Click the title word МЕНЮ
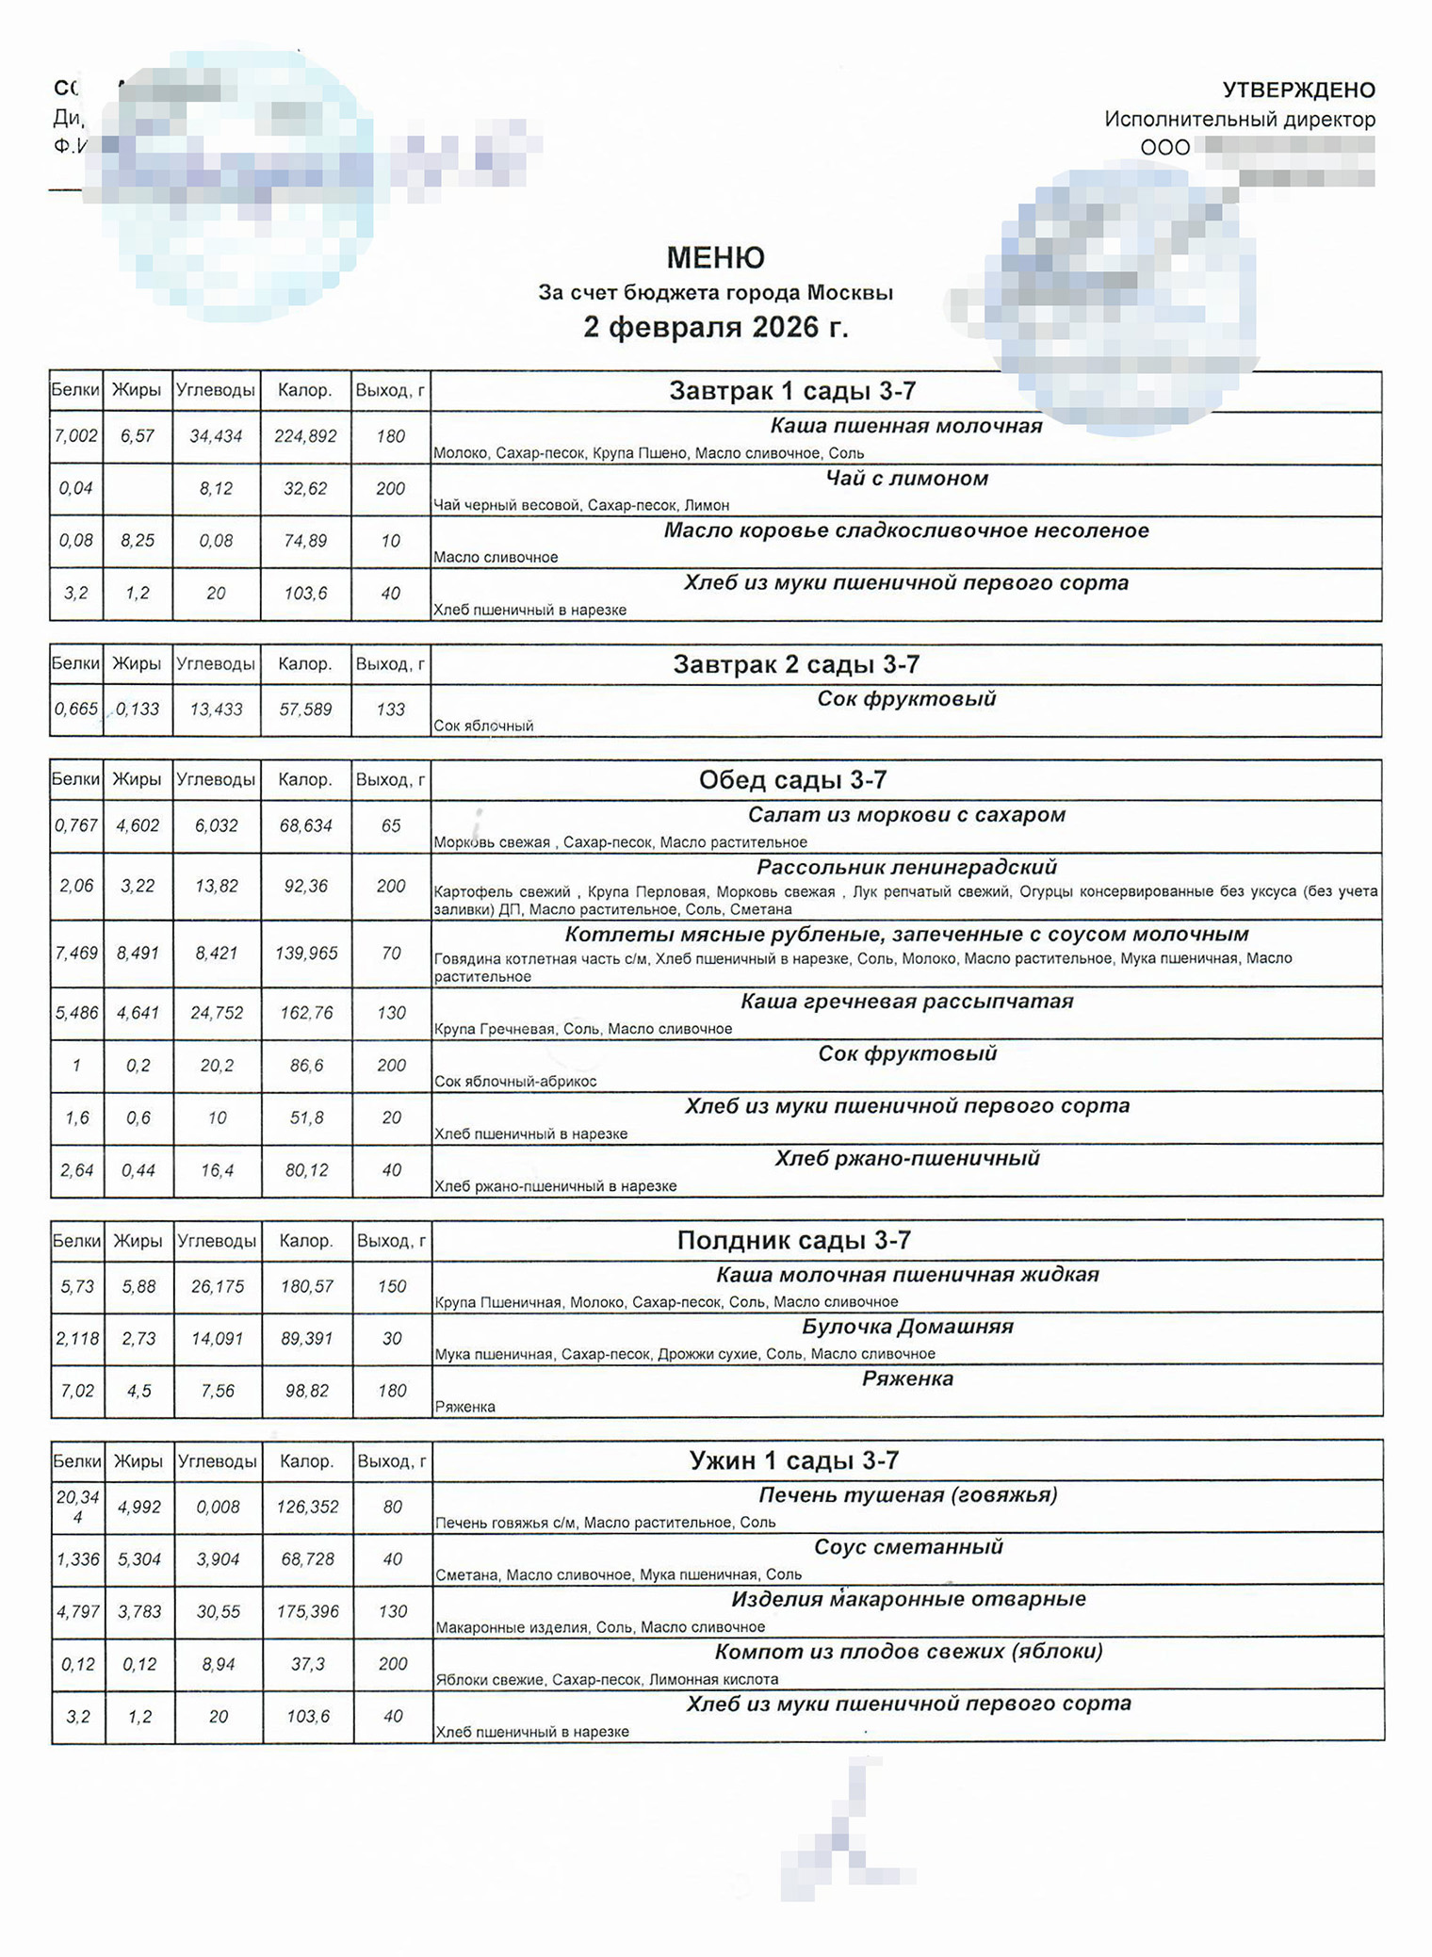(715, 257)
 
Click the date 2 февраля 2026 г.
(715, 327)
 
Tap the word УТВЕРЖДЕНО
(1298, 90)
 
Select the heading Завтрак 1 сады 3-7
(792, 391)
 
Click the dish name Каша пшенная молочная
(906, 426)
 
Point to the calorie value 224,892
(305, 436)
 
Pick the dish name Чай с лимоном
(906, 479)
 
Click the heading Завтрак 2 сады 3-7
(796, 664)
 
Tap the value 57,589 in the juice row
(305, 709)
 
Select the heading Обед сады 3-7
(792, 780)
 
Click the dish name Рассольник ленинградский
(906, 867)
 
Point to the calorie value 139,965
(306, 954)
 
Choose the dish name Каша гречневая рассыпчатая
(906, 1002)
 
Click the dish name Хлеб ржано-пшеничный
(906, 1158)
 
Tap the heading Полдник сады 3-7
(793, 1241)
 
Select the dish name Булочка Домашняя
(907, 1327)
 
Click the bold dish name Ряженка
(907, 1378)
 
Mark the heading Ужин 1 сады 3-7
(794, 1460)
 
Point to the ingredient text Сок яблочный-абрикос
(515, 1082)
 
